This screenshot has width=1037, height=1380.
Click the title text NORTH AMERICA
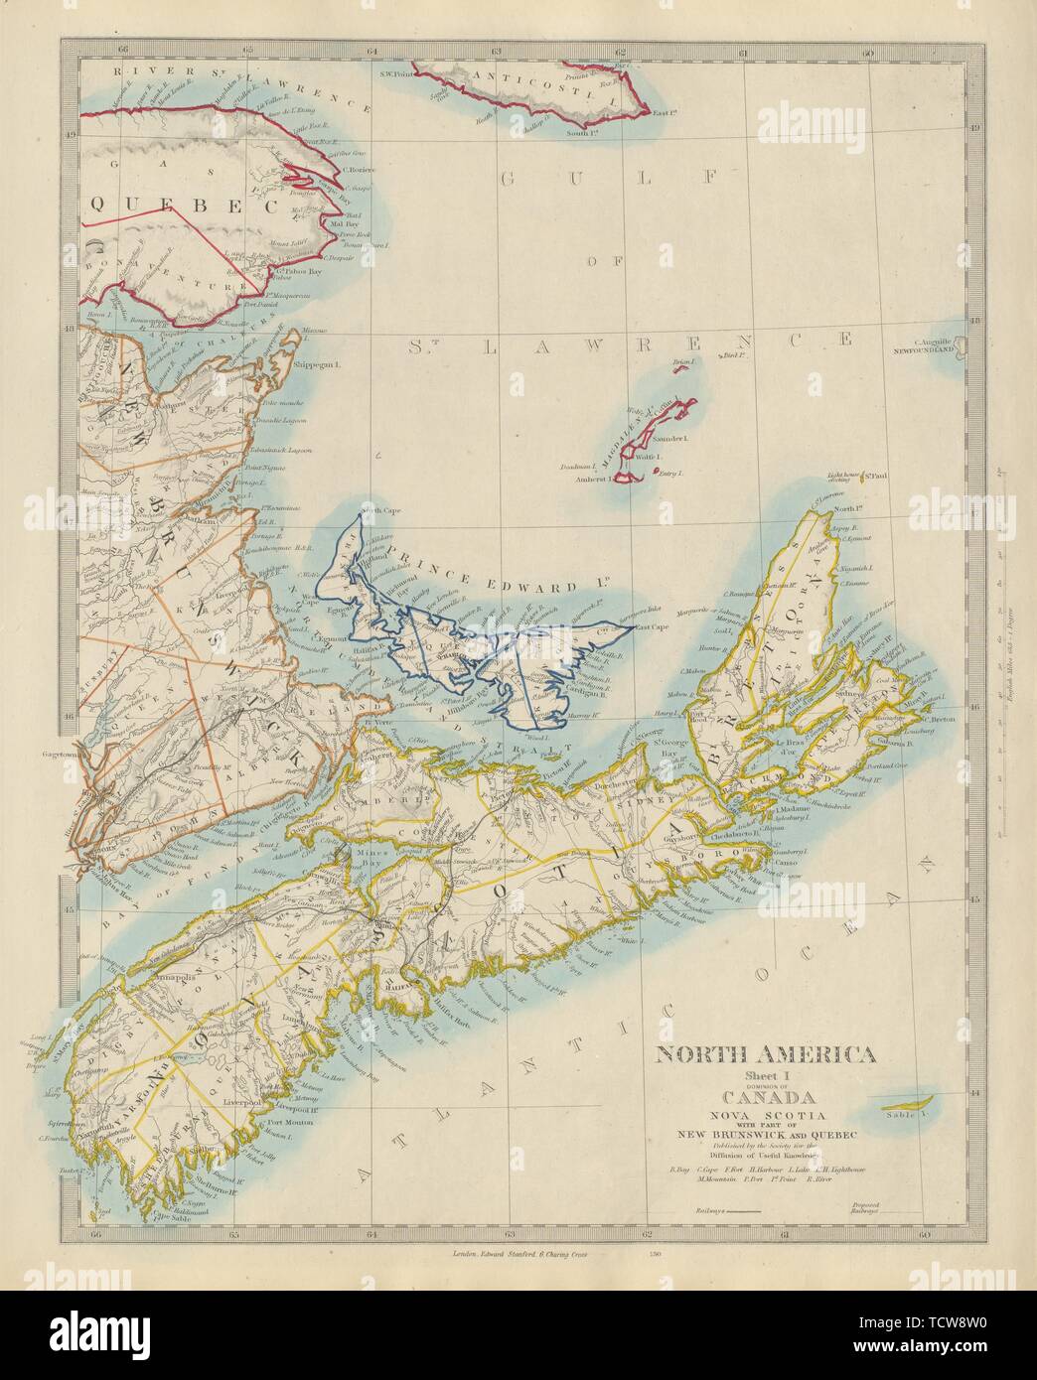(762, 1054)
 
